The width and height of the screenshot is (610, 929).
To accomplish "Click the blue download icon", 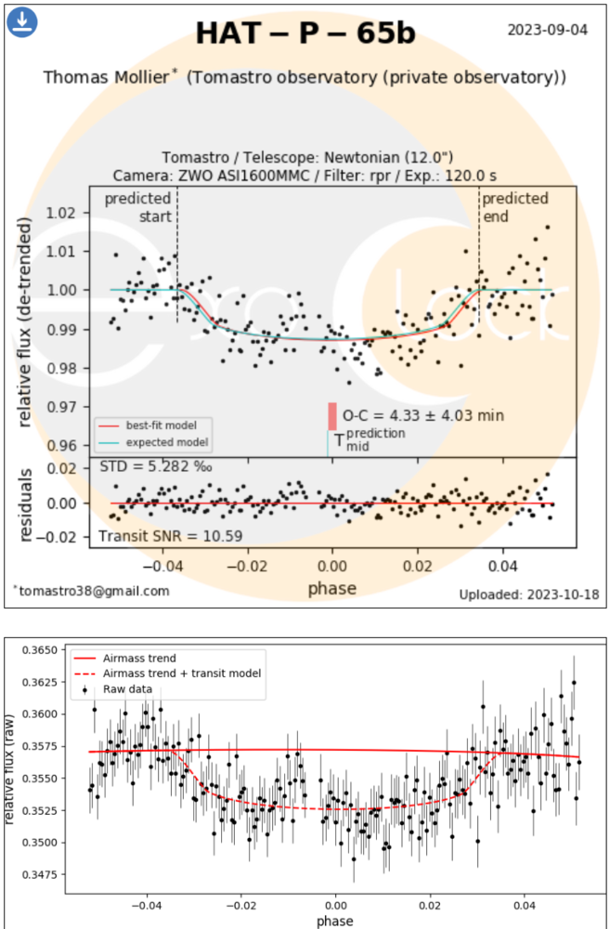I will (21, 21).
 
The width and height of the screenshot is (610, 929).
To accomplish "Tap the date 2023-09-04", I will (547, 30).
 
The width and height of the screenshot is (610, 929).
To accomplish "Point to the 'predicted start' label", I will (137, 207).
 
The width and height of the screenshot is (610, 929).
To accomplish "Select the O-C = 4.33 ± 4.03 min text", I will (423, 415).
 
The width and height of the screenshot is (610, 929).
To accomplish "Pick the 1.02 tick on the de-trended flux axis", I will (60, 213).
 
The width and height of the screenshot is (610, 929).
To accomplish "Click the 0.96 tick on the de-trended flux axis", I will (60, 445).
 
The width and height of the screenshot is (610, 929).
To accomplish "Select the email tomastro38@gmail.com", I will (92, 591).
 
